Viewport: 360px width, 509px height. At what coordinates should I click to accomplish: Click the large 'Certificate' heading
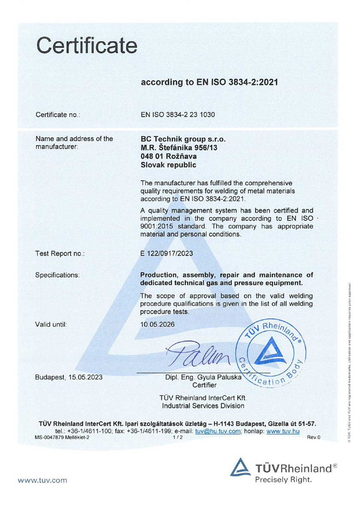point(86,45)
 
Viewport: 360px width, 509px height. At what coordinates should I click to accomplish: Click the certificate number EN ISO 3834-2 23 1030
point(178,115)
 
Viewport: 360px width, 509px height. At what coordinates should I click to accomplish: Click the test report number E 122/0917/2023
point(167,253)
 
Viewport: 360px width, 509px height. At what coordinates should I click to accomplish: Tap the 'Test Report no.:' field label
point(60,254)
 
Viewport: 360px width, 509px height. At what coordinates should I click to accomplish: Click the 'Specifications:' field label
point(57,275)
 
